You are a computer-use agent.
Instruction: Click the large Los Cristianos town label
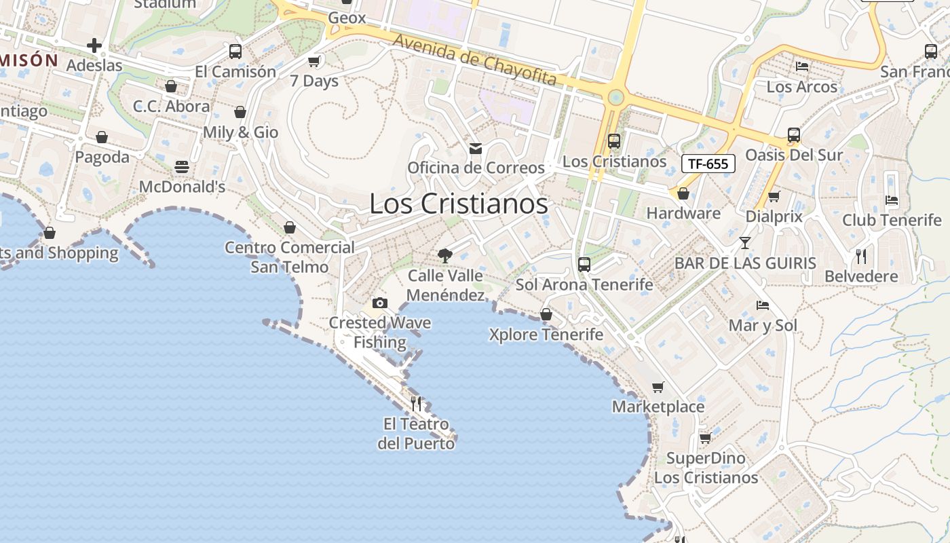(459, 204)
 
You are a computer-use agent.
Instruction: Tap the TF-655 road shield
(708, 164)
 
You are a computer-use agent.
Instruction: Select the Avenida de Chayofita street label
(474, 60)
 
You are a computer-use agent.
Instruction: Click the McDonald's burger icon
(182, 167)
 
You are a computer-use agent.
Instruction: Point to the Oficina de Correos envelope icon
(476, 148)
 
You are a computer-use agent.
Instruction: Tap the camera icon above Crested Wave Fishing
(380, 303)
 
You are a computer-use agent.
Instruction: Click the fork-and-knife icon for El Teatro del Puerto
(416, 404)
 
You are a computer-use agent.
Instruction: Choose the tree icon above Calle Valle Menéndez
(445, 256)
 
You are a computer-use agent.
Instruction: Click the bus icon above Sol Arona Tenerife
(584, 265)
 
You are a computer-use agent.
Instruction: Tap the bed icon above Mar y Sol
(763, 305)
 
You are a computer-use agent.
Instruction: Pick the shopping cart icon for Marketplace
(658, 387)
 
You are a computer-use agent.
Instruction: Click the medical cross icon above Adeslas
(94, 46)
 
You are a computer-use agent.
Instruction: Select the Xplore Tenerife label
(546, 335)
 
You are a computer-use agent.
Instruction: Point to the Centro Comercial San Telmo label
(290, 257)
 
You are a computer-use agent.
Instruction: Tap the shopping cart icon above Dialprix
(774, 197)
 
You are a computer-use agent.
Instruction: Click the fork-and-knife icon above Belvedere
(861, 257)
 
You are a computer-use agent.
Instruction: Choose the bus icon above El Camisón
(235, 52)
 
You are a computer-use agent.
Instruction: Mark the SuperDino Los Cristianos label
(706, 468)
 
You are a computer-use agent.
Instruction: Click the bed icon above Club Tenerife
(892, 200)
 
